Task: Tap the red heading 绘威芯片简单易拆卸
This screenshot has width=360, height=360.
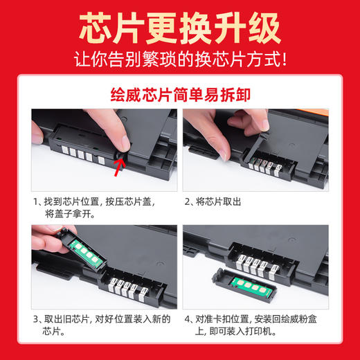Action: click(x=179, y=93)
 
